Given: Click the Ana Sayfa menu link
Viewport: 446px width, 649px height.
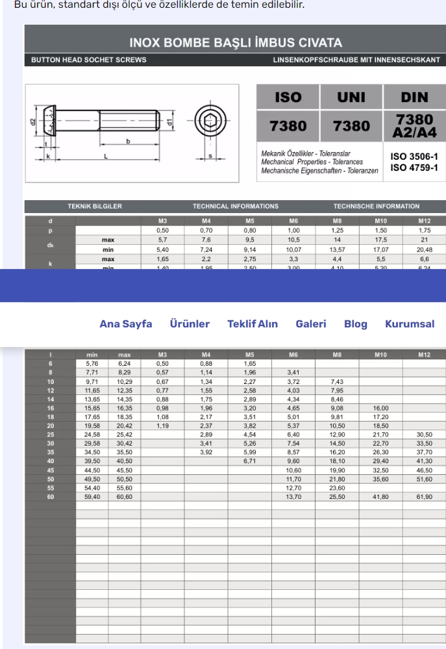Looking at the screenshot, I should [125, 324].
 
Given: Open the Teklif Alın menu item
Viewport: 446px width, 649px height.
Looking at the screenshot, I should [253, 324].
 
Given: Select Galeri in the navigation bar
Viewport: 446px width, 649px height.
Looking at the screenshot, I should [311, 324].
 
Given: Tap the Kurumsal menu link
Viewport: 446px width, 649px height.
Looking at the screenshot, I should [410, 324].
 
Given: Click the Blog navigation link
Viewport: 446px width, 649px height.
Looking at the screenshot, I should [355, 324].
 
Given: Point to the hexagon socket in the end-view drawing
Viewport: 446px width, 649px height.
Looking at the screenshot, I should [210, 121].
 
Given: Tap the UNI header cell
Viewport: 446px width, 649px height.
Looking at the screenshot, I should [351, 97].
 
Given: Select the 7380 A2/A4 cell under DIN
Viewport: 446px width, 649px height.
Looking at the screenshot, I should [414, 126].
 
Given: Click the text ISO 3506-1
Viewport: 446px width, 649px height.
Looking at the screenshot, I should [414, 157].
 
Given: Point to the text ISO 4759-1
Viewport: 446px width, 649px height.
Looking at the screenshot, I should [414, 168].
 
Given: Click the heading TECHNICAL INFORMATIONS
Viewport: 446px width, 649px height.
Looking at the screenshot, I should [235, 206].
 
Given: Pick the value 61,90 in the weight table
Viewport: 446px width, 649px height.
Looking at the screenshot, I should [424, 496].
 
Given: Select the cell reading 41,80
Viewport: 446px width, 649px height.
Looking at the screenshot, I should [380, 496].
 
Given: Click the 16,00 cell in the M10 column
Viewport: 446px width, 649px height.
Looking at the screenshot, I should [380, 408].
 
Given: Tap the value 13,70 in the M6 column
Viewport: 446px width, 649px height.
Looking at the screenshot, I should [293, 496].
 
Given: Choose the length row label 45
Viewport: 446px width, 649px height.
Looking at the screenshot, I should [50, 470].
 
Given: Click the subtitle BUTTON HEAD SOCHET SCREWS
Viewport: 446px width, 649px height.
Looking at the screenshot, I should [89, 60].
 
